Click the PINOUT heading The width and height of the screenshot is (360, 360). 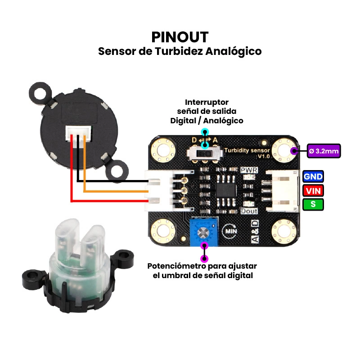(x=180, y=37)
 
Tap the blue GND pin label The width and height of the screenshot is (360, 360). (x=313, y=176)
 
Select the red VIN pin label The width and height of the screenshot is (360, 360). (x=313, y=190)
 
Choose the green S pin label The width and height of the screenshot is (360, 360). (x=313, y=204)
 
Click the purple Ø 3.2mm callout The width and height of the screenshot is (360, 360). (x=324, y=151)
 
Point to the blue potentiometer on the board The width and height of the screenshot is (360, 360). (x=204, y=231)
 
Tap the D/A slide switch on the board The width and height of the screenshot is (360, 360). (x=205, y=153)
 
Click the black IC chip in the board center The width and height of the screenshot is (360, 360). (x=226, y=189)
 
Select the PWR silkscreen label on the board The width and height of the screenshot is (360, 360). (x=249, y=170)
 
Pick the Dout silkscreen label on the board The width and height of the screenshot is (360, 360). (x=249, y=211)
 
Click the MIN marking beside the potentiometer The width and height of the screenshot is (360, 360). (x=230, y=231)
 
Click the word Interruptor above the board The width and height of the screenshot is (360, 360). (x=207, y=102)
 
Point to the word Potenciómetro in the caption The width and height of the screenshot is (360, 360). (x=176, y=266)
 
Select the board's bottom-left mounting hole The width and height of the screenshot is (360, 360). (x=163, y=231)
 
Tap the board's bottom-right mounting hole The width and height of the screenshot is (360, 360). (x=284, y=231)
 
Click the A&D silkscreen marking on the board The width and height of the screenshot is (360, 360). (x=255, y=231)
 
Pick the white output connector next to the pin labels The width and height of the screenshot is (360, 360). (x=283, y=190)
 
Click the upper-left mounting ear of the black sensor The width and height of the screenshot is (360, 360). (x=40, y=93)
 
